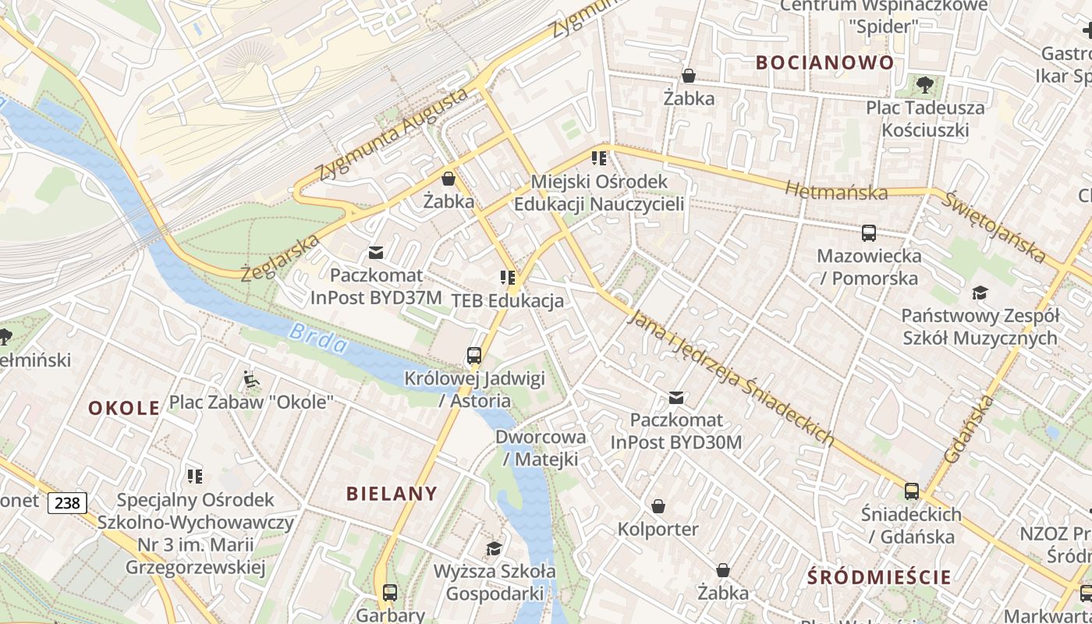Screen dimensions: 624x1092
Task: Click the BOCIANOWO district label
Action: [x=824, y=62]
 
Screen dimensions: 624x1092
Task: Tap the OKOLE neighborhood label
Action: [x=124, y=408]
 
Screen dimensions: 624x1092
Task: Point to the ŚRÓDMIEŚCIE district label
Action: [x=879, y=577]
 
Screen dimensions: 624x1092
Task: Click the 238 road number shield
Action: [x=67, y=503]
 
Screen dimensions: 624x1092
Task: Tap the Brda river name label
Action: [x=317, y=339]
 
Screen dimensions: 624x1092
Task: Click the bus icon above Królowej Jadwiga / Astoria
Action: [x=473, y=356]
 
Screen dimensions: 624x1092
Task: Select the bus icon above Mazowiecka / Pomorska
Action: [x=868, y=232]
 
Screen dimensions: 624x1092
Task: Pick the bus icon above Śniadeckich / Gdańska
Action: [x=911, y=491]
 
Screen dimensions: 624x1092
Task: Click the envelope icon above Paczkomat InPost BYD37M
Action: [x=376, y=252]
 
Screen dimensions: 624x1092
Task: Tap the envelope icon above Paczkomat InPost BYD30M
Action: [x=675, y=398]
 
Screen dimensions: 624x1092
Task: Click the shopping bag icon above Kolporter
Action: [x=658, y=506]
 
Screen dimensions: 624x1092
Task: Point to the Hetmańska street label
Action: [x=836, y=191]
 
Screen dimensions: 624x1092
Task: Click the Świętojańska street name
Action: [x=994, y=225]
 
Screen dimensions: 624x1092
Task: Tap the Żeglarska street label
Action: [x=280, y=258]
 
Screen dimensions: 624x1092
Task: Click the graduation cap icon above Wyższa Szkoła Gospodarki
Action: [x=494, y=548]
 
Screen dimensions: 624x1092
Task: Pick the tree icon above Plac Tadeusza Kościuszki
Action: [x=925, y=84]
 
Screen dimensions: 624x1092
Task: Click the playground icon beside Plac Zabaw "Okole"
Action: [x=250, y=380]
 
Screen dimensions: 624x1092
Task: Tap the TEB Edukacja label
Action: [x=507, y=301]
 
